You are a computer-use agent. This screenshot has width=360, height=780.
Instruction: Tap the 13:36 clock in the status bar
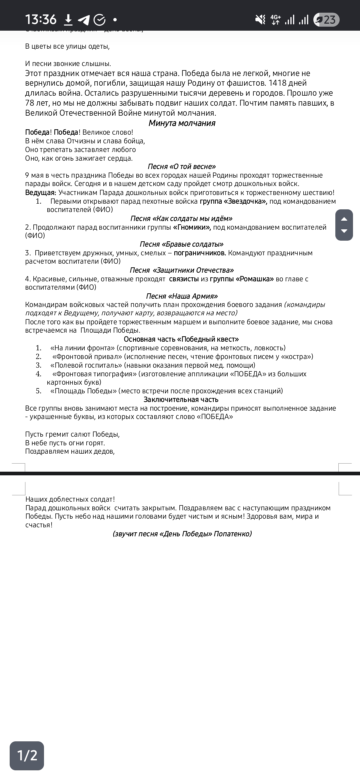coord(41,20)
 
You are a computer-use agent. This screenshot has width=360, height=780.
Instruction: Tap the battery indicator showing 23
coord(326,20)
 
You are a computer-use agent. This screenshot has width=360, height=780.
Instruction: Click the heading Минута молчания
coord(182,123)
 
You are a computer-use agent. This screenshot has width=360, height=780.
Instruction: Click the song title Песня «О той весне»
coord(182,167)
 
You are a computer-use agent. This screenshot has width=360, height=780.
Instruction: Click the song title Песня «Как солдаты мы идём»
coord(181,219)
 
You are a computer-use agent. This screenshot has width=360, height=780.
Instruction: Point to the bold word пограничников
coord(200,253)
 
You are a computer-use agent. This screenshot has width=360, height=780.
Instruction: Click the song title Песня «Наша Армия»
coord(182,296)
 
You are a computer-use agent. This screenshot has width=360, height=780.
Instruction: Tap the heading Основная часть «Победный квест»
coord(181,339)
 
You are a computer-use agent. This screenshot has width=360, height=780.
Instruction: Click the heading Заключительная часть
coord(181,400)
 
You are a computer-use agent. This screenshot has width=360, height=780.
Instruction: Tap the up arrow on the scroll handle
coord(344,219)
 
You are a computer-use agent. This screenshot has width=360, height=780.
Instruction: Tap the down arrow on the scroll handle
coord(344,231)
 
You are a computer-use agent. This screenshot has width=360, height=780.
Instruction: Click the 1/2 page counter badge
coord(27,755)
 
